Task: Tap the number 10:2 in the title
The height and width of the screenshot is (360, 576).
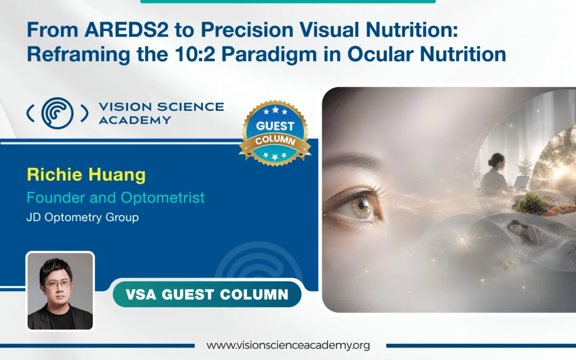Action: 195,54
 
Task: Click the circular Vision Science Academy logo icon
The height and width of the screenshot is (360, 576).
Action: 57,113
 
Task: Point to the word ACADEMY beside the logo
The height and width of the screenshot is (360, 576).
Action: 135,120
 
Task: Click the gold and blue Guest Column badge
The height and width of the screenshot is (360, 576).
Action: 275,133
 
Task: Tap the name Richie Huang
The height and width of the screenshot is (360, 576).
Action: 86,174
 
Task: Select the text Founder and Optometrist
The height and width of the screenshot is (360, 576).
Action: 115,198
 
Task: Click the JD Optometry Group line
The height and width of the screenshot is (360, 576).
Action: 83,217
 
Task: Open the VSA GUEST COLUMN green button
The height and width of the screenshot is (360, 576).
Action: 207,294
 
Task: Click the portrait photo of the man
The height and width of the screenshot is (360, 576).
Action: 60,291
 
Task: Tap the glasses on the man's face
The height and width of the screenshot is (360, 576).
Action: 58,284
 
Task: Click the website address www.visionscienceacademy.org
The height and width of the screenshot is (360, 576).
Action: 289,345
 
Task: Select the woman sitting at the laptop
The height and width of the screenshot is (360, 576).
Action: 496,174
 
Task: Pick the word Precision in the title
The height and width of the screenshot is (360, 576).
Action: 247,30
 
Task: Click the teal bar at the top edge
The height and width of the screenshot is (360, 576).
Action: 288,2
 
